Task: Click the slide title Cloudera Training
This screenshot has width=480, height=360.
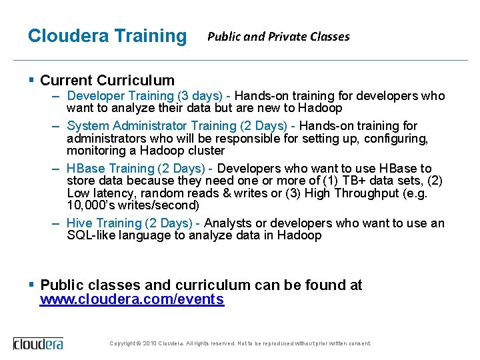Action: pyautogui.click(x=107, y=35)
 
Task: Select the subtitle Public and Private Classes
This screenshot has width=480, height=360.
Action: pyautogui.click(x=278, y=37)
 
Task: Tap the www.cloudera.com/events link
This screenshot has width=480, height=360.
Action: pyautogui.click(x=132, y=299)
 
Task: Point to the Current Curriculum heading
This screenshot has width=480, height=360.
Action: pyautogui.click(x=107, y=81)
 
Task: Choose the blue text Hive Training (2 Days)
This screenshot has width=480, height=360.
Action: pyautogui.click(x=133, y=223)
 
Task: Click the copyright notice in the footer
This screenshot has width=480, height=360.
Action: pyautogui.click(x=240, y=343)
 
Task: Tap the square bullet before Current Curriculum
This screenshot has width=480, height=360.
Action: pyautogui.click(x=31, y=81)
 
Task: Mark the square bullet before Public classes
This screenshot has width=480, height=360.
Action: pyautogui.click(x=31, y=285)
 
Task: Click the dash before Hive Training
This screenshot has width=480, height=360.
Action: pyautogui.click(x=57, y=223)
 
